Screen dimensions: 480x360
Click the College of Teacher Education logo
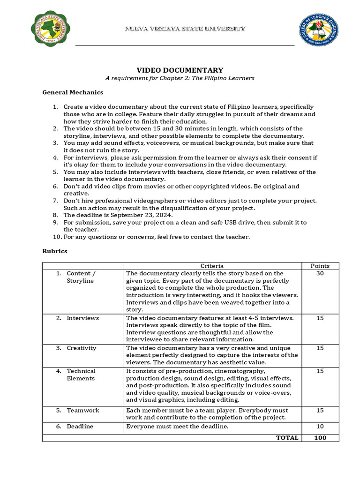click(x=319, y=30)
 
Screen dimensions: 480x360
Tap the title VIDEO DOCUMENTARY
click(x=180, y=70)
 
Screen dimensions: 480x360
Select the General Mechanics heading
click(x=73, y=92)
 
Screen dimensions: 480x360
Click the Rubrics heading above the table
click(x=55, y=251)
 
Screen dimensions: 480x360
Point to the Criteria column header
click(x=212, y=266)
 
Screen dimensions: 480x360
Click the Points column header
click(x=320, y=266)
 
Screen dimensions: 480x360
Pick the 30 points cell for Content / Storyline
click(x=320, y=273)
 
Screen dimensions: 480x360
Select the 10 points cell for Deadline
click(x=320, y=426)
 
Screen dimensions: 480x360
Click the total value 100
click(x=320, y=437)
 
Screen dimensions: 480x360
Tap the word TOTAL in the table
click(x=287, y=437)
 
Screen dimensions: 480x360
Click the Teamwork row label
click(x=83, y=410)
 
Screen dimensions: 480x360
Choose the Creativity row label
click(x=82, y=348)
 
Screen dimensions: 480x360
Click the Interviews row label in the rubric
click(x=83, y=318)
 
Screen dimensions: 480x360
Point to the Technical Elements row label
click(x=81, y=375)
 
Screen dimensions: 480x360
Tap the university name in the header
click(x=184, y=29)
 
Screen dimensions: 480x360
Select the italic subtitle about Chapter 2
click(x=180, y=78)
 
